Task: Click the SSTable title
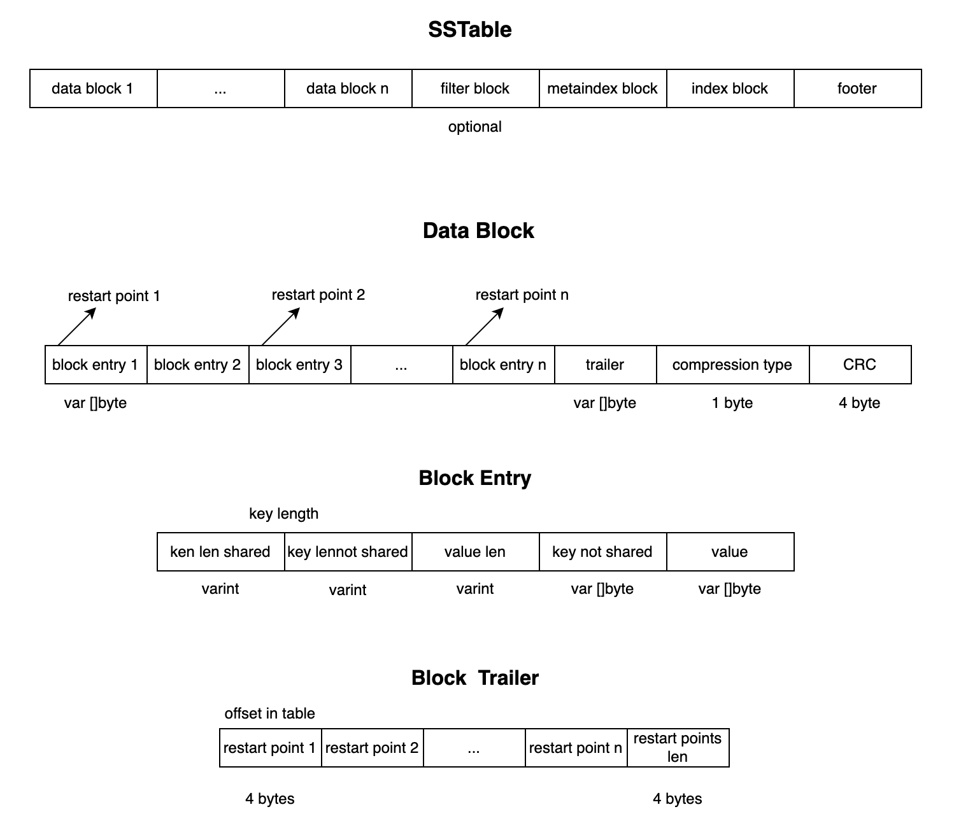click(470, 30)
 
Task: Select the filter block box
click(475, 88)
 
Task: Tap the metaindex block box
click(602, 88)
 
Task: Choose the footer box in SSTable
click(857, 88)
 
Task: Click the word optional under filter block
click(475, 127)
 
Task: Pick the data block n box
click(348, 88)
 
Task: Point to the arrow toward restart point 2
click(280, 326)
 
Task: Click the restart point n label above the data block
click(522, 295)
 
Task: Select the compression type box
click(732, 365)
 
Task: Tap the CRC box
click(860, 365)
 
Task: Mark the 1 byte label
click(732, 403)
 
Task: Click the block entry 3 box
click(299, 365)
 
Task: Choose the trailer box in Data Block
click(605, 365)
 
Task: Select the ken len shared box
click(220, 552)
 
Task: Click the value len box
click(475, 552)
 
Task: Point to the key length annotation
click(284, 514)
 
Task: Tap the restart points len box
click(678, 748)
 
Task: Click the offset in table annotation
click(270, 713)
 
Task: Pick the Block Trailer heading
click(475, 678)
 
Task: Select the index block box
click(730, 88)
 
